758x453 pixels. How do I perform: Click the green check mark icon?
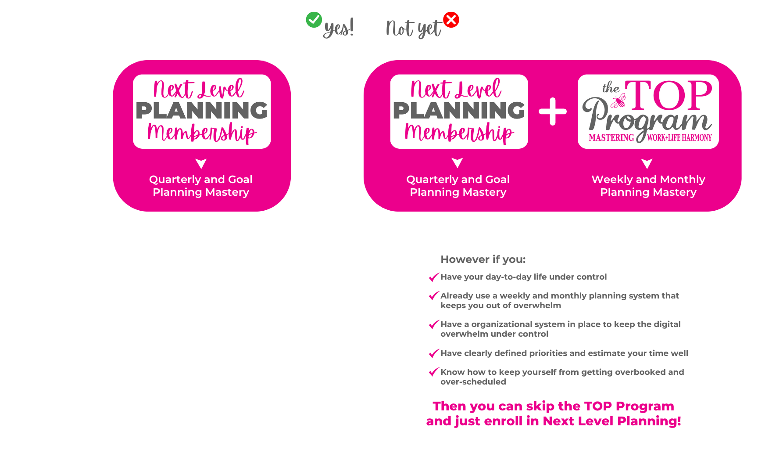click(314, 20)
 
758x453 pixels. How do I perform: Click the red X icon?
click(451, 20)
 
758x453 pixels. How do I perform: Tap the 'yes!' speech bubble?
click(339, 29)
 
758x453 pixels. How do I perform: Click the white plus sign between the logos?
click(553, 111)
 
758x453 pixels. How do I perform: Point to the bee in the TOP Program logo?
click(618, 101)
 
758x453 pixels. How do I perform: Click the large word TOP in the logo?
click(669, 95)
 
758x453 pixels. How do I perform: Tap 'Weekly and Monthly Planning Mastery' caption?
click(648, 186)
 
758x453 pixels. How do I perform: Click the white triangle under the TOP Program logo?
click(647, 164)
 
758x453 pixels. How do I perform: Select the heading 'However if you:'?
click(483, 259)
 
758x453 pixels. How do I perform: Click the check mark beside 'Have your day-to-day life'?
click(433, 277)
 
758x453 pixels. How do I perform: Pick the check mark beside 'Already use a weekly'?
click(433, 296)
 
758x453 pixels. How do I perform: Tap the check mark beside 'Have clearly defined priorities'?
click(433, 353)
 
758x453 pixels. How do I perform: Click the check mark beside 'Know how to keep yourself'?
click(433, 372)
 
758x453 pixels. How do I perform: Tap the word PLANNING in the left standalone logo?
click(202, 111)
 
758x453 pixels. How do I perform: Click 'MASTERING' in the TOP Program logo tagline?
click(611, 138)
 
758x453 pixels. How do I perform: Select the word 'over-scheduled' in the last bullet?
click(473, 382)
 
